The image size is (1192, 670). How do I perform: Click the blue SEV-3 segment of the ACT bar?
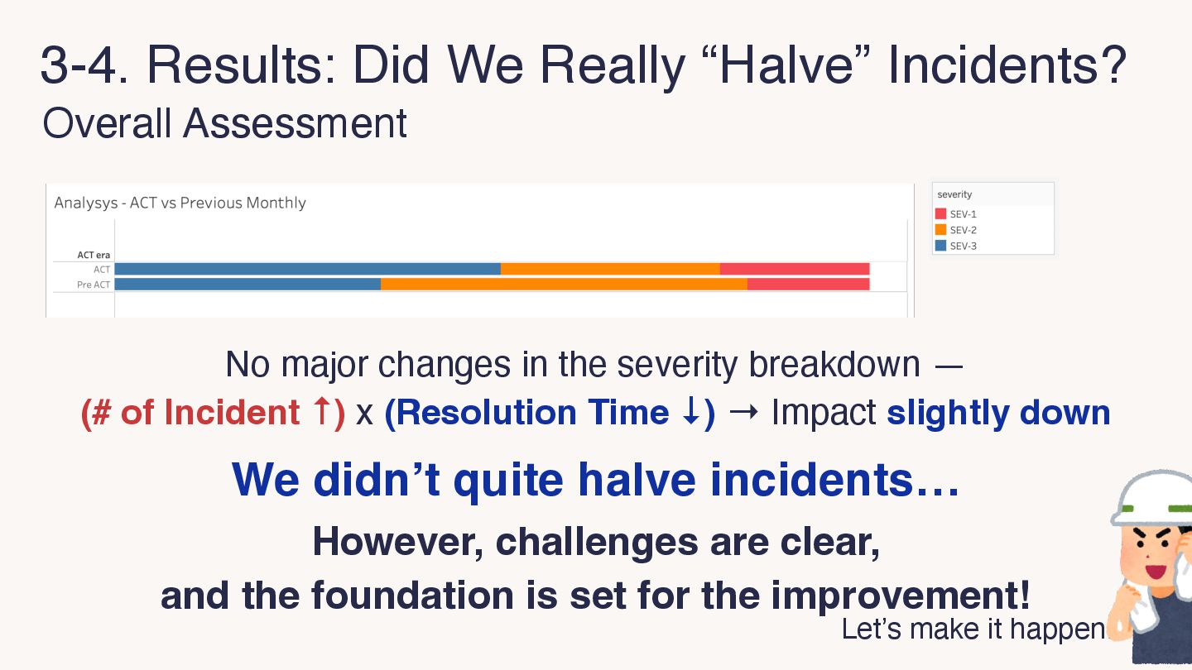(308, 269)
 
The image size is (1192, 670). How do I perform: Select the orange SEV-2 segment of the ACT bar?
(610, 269)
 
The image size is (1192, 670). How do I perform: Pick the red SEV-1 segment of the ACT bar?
(795, 269)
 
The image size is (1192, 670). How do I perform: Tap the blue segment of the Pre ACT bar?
(248, 285)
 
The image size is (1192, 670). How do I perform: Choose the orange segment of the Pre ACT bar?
(564, 285)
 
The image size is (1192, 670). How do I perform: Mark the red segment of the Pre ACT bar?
(809, 285)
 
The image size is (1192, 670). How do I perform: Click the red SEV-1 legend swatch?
(941, 213)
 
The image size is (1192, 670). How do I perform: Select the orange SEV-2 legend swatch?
(941, 230)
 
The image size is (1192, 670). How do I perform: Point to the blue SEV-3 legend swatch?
(941, 246)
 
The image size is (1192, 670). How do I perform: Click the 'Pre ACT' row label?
(94, 285)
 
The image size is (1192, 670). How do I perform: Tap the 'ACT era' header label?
(94, 255)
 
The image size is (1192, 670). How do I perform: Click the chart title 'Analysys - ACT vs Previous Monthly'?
(180, 203)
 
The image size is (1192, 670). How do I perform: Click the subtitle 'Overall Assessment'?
(224, 123)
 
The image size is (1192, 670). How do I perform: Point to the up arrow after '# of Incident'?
(321, 412)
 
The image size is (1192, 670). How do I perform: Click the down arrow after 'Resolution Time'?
(690, 412)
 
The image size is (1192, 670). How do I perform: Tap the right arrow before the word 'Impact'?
(744, 412)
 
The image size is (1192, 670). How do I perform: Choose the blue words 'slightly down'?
(998, 414)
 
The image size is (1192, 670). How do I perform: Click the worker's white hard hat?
(1152, 497)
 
